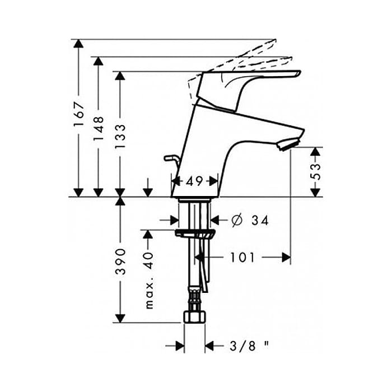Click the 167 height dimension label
point(79,114)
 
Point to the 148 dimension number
point(99,128)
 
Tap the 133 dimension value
point(120,137)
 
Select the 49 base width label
point(194,181)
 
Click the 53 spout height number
point(315,171)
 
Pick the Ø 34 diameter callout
point(250,221)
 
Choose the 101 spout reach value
point(242,257)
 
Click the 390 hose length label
point(120,262)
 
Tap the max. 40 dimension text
point(149,281)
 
